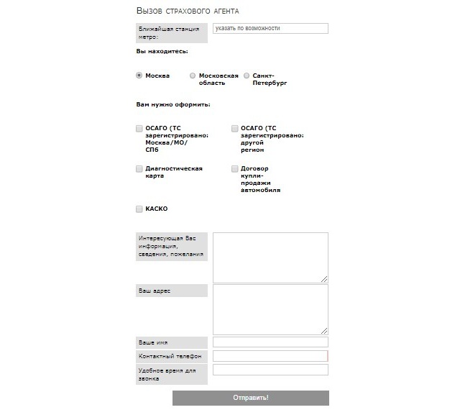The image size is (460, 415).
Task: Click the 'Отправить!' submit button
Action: pyautogui.click(x=250, y=398)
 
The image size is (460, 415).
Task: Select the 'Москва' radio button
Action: pyautogui.click(x=139, y=76)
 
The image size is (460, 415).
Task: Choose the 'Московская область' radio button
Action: pyautogui.click(x=193, y=76)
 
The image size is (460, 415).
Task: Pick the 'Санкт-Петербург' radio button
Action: pyautogui.click(x=247, y=76)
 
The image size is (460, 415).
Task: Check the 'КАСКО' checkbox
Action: pyautogui.click(x=139, y=209)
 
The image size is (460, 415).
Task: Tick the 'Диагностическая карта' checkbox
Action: pyautogui.click(x=139, y=169)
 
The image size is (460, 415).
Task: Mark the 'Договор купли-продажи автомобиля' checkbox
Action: pyautogui.click(x=235, y=169)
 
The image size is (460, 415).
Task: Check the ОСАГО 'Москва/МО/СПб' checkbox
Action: pyautogui.click(x=139, y=129)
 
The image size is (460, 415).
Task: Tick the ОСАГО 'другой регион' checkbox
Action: pyautogui.click(x=235, y=129)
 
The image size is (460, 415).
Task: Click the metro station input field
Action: pyautogui.click(x=270, y=29)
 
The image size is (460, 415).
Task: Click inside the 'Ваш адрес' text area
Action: pyautogui.click(x=270, y=309)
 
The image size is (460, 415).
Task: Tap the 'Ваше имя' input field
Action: pyautogui.click(x=270, y=342)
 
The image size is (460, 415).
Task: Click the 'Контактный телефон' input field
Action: pyautogui.click(x=270, y=356)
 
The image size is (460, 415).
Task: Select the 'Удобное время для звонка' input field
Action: pyautogui.click(x=270, y=370)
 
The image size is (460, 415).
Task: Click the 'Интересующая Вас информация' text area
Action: pyautogui.click(x=270, y=257)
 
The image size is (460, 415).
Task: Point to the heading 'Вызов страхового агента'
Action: pyautogui.click(x=188, y=12)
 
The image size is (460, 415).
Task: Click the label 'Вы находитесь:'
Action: pyautogui.click(x=162, y=52)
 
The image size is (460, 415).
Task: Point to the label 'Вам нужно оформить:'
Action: pyautogui.click(x=172, y=105)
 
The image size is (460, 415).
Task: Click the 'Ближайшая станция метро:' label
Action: pyautogui.click(x=171, y=32)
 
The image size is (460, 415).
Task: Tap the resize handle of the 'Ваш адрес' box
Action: pyautogui.click(x=324, y=331)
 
